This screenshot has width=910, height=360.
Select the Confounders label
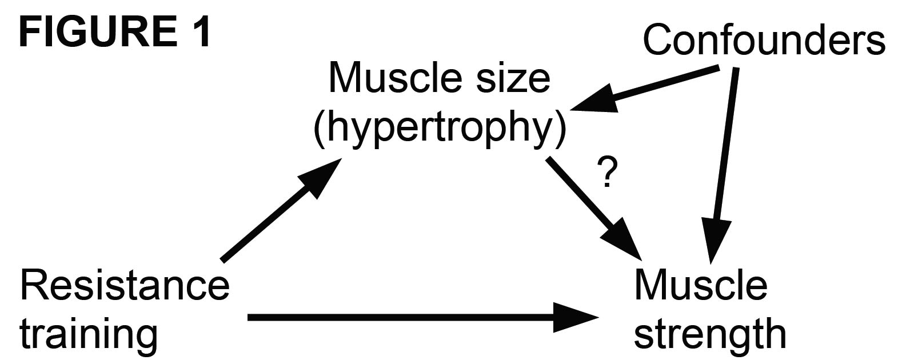(764, 40)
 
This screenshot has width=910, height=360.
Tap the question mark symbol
(606, 174)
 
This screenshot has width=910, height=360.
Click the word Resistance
(125, 285)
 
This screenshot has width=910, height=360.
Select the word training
(89, 334)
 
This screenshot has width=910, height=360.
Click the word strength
(710, 334)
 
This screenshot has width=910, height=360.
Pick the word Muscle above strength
(700, 285)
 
